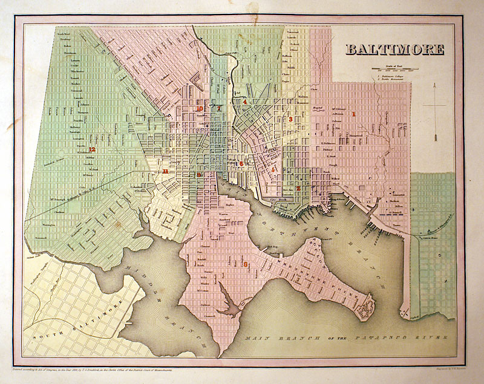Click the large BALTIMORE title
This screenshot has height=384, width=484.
click(394, 50)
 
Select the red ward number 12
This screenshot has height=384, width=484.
click(92, 149)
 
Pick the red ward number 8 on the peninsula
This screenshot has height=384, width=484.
click(245, 264)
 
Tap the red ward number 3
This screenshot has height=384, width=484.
click(290, 120)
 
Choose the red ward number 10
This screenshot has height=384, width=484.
click(200, 109)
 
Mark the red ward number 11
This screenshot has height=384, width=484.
click(165, 172)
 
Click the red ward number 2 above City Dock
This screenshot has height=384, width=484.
click(298, 188)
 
